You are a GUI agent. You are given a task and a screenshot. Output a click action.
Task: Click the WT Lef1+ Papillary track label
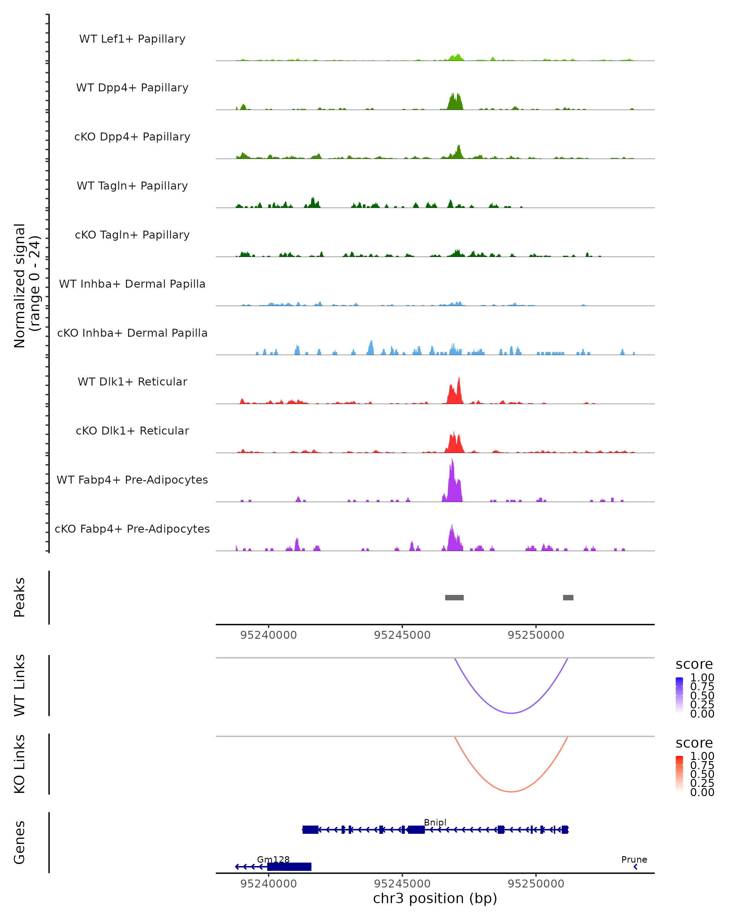pyautogui.click(x=132, y=39)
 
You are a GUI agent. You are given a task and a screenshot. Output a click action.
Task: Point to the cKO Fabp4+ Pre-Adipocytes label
pyautogui.click(x=132, y=529)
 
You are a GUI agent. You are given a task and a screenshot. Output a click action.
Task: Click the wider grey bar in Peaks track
pyautogui.click(x=454, y=597)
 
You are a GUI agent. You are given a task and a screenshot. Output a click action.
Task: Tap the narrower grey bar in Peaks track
pyautogui.click(x=568, y=597)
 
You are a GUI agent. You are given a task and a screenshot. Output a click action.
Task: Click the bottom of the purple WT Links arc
pyautogui.click(x=511, y=713)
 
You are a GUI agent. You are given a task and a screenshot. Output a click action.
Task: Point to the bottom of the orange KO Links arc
pyautogui.click(x=511, y=792)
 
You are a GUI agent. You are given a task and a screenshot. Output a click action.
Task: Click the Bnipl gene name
pyautogui.click(x=435, y=822)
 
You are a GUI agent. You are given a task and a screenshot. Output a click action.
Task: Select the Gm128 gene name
pyautogui.click(x=273, y=859)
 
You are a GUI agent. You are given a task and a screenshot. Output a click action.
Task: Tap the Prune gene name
pyautogui.click(x=634, y=859)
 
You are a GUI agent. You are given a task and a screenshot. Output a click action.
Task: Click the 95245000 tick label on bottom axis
pyautogui.click(x=402, y=884)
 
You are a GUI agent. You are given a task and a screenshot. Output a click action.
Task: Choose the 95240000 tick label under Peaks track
pyautogui.click(x=268, y=635)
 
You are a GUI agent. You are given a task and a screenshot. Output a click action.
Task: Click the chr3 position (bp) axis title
pyautogui.click(x=435, y=899)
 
